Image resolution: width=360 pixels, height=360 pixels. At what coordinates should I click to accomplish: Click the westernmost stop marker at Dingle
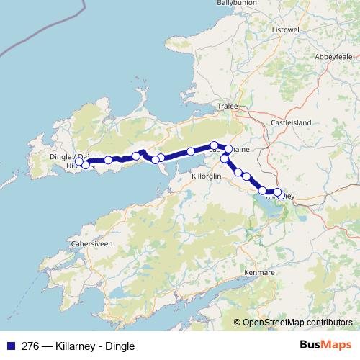click(79, 162)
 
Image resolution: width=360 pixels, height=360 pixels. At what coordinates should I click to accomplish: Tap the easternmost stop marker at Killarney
click(279, 194)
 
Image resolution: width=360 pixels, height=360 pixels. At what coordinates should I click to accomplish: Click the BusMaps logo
click(324, 346)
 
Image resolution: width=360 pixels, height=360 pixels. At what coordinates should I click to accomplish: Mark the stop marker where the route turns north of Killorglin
click(225, 158)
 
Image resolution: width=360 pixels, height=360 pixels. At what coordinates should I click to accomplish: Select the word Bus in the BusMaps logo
click(310, 346)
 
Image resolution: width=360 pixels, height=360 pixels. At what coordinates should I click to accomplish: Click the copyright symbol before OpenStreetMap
click(237, 323)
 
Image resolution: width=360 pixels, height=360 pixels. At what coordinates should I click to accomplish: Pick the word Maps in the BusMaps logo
click(335, 346)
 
